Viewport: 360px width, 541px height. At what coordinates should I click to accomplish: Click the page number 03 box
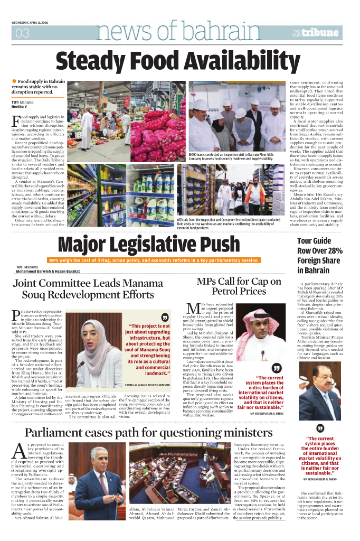pos(22,33)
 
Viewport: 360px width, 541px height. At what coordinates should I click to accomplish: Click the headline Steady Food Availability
pos(180,60)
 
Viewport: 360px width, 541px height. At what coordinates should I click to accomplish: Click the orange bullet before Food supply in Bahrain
pos(14,81)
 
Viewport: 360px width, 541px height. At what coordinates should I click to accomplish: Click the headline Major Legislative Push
pos(148,245)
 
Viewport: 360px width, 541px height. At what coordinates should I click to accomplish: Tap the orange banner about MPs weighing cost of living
pos(153,260)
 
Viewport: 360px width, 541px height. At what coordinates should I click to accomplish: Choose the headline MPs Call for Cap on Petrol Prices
pos(239,286)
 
